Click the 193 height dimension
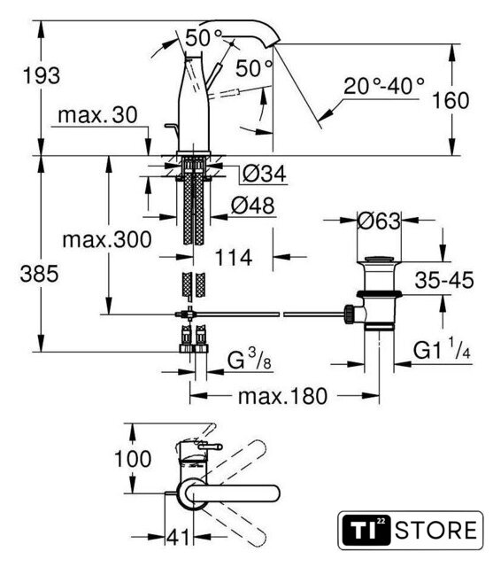[42, 76]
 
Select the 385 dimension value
[39, 274]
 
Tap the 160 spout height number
[451, 100]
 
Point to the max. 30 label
[97, 115]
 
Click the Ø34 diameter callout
[265, 174]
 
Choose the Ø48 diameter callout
[253, 206]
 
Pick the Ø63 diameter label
[379, 221]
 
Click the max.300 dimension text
[107, 240]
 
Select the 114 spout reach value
[234, 258]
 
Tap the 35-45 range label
[444, 280]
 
